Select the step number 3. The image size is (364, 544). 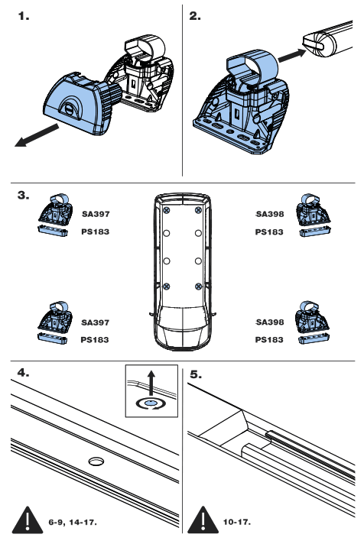click(23, 196)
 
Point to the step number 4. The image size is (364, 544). click(23, 374)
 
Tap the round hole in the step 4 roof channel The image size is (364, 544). click(96, 461)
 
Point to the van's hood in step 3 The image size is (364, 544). click(181, 332)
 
